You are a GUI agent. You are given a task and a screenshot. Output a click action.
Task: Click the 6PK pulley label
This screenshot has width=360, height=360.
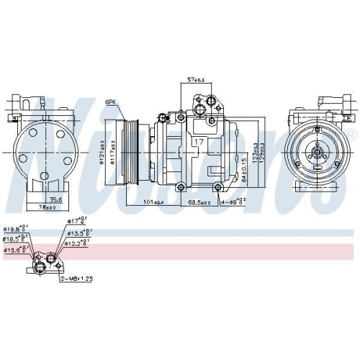click(x=112, y=102)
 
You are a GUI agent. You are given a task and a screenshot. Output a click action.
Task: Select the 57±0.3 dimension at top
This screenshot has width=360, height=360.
click(x=196, y=78)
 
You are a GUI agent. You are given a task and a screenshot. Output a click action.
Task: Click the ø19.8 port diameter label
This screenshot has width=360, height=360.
click(x=14, y=228)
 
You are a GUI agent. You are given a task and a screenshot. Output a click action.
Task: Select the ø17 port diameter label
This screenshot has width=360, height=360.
click(x=78, y=221)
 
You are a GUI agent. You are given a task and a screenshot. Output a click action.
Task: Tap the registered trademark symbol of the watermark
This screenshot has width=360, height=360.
click(x=351, y=135)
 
